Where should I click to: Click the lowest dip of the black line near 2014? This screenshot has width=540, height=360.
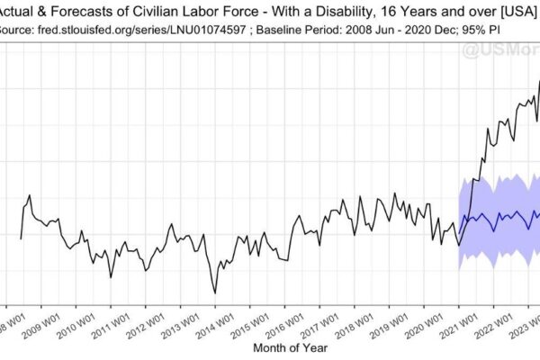pyautogui.click(x=215, y=292)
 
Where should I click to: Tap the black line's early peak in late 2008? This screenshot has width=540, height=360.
pyautogui.click(x=30, y=195)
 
